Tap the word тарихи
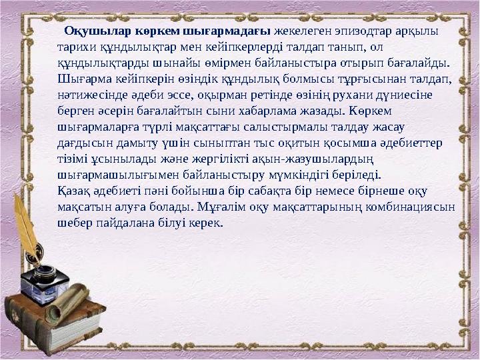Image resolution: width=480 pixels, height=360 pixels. click(x=75, y=48)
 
